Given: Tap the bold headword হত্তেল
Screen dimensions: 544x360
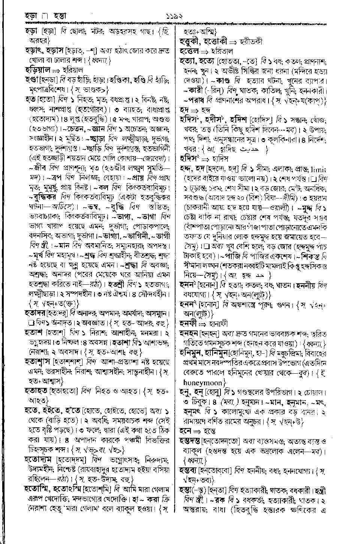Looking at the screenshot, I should point(190,51).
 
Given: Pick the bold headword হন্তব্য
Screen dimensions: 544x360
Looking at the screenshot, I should point(190,470).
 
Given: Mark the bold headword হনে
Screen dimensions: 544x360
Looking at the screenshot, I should point(186,431).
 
